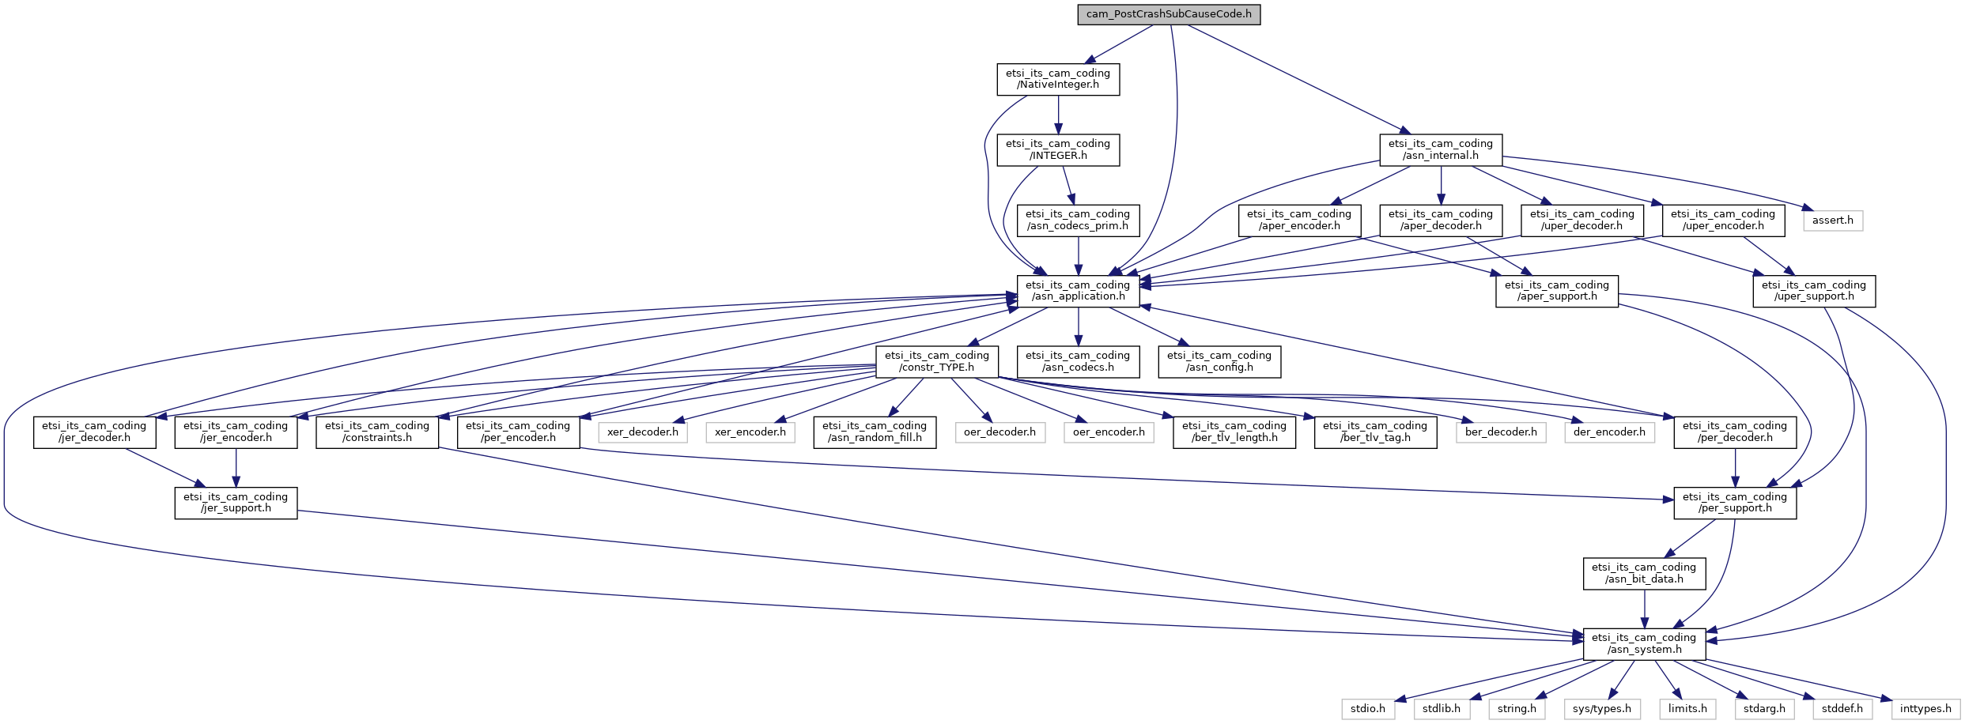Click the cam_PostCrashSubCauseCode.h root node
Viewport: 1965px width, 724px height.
click(1168, 14)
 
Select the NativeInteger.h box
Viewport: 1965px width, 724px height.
click(1057, 79)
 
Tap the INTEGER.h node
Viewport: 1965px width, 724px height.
click(1057, 149)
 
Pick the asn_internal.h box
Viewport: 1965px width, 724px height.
click(1440, 149)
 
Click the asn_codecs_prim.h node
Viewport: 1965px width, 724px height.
click(1078, 220)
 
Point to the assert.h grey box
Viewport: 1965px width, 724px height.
click(1832, 220)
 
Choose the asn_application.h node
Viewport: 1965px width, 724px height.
click(1078, 291)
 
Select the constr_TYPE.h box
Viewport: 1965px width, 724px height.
click(936, 361)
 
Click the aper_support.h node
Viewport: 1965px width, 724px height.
click(1556, 291)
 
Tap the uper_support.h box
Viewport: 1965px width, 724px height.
click(1813, 291)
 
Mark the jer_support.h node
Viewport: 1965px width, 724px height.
click(236, 503)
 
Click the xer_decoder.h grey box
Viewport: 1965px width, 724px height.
click(642, 432)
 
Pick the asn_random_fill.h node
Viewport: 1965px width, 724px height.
click(875, 432)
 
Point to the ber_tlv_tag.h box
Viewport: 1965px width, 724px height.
click(1375, 432)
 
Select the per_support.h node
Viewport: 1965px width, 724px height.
click(1734, 503)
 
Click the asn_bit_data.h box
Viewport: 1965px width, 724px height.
click(1644, 573)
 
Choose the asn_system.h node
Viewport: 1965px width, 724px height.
click(1644, 643)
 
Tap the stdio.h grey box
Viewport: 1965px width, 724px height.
click(1367, 709)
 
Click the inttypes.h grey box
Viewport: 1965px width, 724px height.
click(1925, 709)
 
